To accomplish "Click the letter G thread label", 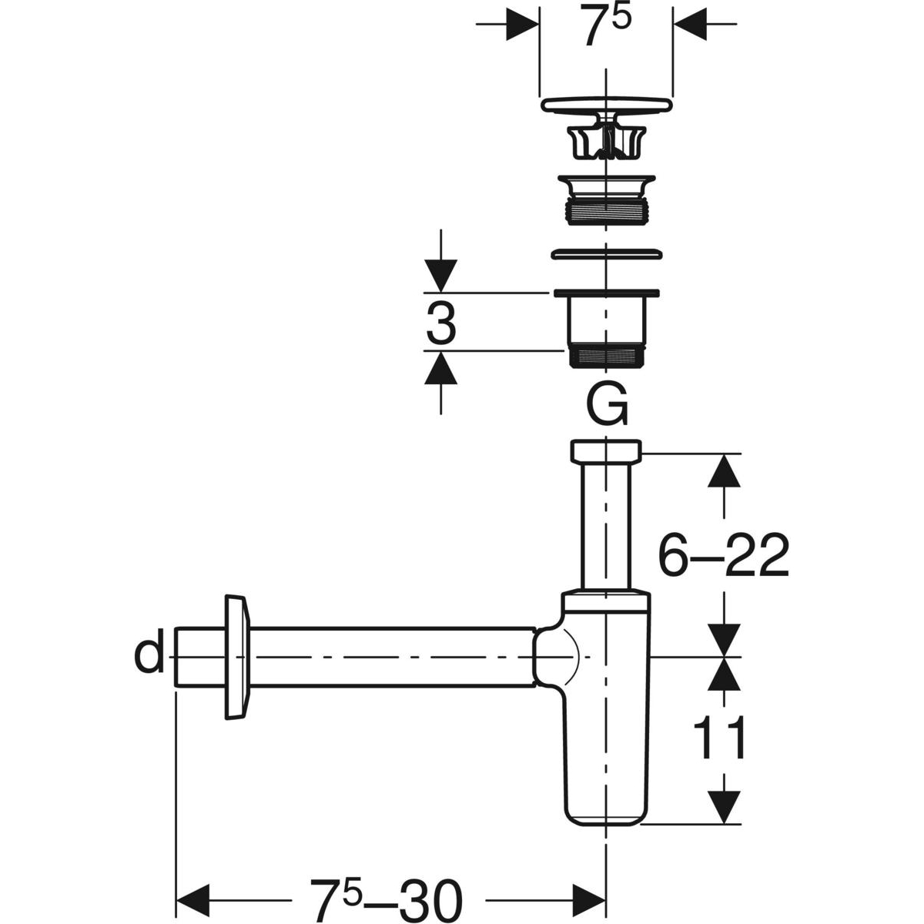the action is point(607,403).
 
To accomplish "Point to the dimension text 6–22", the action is point(724,555).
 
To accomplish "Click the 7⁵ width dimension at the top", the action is point(606,25).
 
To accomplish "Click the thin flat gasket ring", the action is point(607,254).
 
